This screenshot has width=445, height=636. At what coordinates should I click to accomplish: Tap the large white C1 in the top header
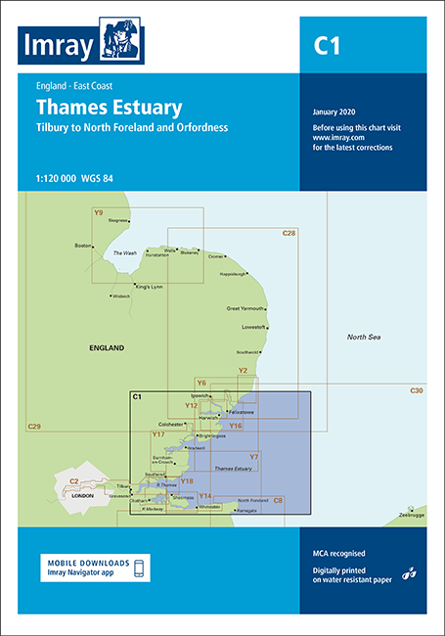click(x=327, y=44)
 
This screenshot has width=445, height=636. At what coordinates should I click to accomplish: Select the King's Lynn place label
click(x=150, y=286)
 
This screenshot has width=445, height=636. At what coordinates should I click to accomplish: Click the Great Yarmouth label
click(x=245, y=308)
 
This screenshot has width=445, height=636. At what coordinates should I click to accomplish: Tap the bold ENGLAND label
click(x=107, y=348)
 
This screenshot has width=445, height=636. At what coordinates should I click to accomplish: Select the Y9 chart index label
click(x=98, y=212)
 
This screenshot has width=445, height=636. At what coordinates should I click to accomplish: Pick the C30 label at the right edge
click(x=416, y=390)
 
